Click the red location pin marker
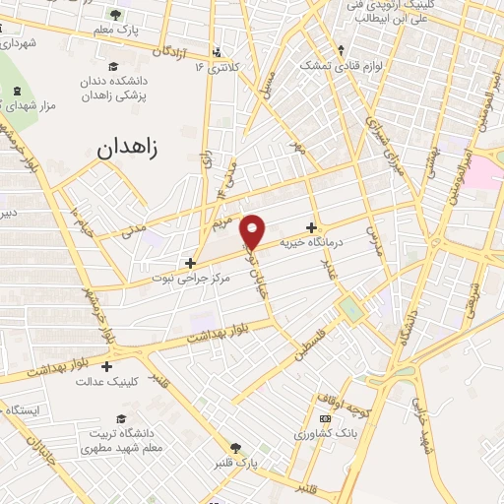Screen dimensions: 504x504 point(254,230)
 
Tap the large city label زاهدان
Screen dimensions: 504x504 point(135,150)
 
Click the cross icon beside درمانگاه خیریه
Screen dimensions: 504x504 point(312,226)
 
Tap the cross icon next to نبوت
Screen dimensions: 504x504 point(192,264)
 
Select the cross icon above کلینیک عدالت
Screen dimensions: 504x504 point(106,367)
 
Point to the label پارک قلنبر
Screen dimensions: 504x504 point(236,462)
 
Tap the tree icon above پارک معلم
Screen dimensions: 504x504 point(115,15)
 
